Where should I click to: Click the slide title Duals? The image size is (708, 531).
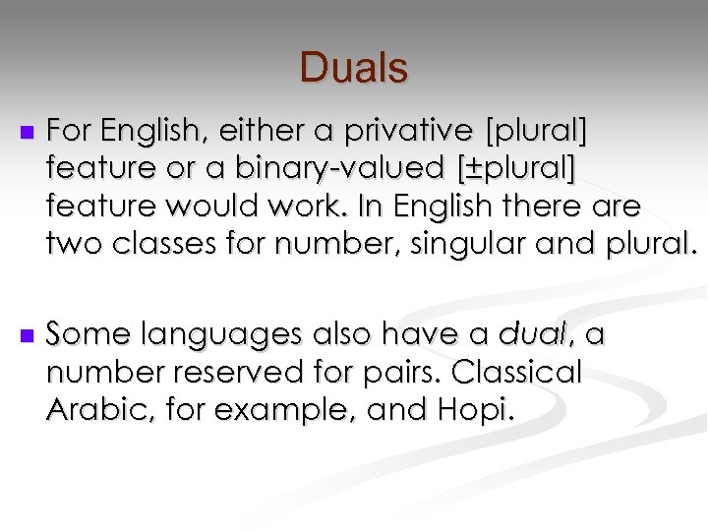click(353, 68)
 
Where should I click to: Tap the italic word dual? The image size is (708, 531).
click(533, 335)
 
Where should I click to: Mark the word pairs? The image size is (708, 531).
click(390, 374)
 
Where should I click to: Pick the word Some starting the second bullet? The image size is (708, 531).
click(84, 335)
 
